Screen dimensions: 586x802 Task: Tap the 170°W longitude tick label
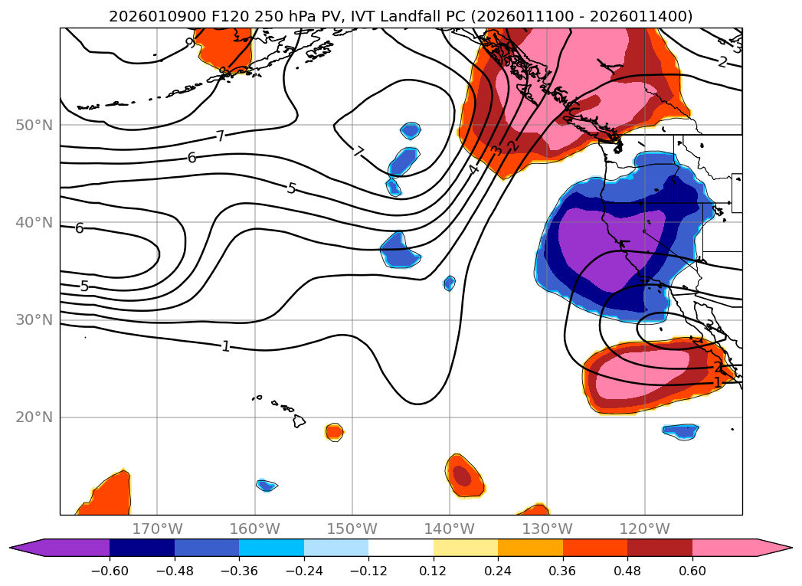tap(157, 529)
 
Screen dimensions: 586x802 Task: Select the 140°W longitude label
tap(450, 529)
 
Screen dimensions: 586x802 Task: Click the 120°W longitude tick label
tap(644, 529)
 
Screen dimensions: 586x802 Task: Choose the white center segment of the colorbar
tap(401, 547)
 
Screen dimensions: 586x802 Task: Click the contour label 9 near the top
tap(190, 44)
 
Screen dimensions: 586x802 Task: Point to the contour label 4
tap(473, 169)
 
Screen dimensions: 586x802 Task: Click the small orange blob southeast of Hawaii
tap(334, 432)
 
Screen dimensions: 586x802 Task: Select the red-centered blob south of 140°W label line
tap(463, 476)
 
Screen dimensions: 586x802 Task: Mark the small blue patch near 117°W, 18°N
tap(680, 431)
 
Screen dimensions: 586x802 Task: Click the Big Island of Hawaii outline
tap(298, 421)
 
